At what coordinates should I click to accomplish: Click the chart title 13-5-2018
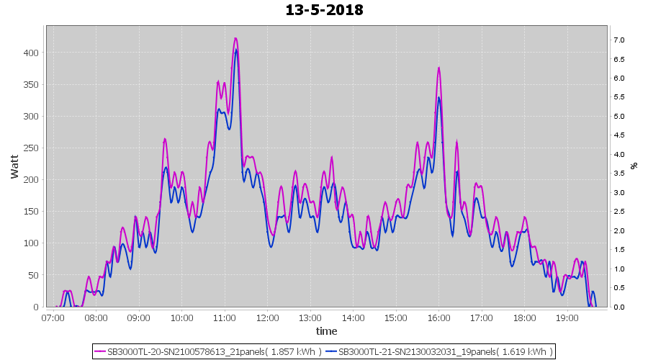tap(324, 11)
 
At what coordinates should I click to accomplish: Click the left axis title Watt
tap(15, 166)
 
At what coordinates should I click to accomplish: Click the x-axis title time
tap(326, 331)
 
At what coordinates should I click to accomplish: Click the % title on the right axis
tap(634, 166)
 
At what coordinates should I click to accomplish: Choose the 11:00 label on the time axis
tap(225, 318)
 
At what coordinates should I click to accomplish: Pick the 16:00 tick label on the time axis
tap(438, 318)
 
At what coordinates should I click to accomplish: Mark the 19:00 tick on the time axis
tap(567, 318)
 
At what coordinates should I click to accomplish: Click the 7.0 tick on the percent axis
tap(618, 40)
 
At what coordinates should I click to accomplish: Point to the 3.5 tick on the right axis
tap(618, 173)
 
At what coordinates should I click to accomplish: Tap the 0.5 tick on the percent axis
tap(618, 288)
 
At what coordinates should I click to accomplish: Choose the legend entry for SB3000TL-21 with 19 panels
tap(439, 352)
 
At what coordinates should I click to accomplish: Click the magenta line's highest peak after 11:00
tap(235, 39)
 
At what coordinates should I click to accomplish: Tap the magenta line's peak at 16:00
tap(438, 68)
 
